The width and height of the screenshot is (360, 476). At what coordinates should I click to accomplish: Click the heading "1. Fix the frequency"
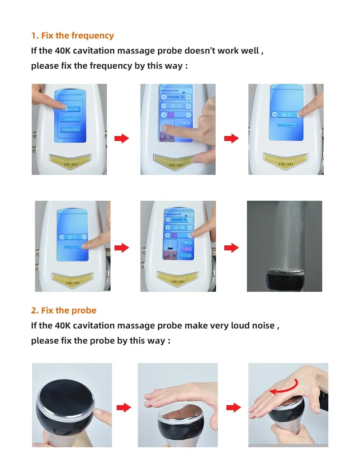point(72,36)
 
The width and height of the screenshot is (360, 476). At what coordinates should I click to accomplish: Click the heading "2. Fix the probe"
point(64,310)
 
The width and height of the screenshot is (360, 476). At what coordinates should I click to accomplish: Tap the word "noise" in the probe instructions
point(263,326)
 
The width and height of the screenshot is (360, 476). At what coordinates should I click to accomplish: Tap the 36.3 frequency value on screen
point(286,115)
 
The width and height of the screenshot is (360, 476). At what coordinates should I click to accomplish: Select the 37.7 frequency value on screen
point(72,237)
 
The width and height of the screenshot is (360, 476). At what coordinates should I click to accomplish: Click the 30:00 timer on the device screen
point(176,106)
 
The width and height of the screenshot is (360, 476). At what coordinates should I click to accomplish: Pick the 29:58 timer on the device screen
point(179,228)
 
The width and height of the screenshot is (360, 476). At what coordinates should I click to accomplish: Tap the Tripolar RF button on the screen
point(70,119)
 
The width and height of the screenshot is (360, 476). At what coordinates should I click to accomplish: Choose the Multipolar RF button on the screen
point(70,129)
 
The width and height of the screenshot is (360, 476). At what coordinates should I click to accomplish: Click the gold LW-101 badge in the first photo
point(70,161)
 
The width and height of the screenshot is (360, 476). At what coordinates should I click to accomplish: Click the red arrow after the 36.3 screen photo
point(231,138)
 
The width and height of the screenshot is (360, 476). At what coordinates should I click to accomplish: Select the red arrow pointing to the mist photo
point(231,248)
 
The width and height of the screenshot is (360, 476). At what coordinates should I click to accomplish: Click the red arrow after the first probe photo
point(123,408)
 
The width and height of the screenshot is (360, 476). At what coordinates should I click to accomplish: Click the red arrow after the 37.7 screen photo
point(121,248)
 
